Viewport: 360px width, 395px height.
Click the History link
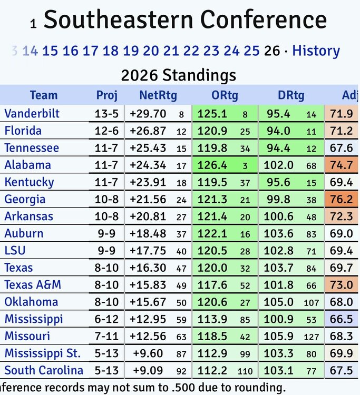tap(316, 51)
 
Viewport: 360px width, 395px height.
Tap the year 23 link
tap(211, 51)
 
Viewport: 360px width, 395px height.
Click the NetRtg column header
tap(158, 95)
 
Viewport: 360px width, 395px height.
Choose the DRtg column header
tap(291, 95)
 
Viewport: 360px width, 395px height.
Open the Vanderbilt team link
tap(32, 113)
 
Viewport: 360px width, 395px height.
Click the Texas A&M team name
tap(33, 284)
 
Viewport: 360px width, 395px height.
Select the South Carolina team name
tap(44, 370)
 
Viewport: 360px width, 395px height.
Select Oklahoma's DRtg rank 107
tap(310, 302)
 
